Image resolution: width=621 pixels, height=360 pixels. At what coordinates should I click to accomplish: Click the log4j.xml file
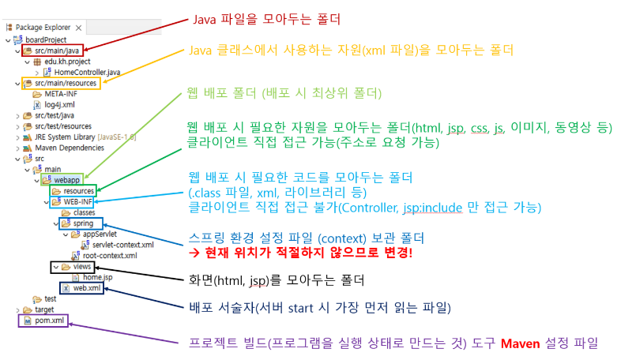click(x=55, y=104)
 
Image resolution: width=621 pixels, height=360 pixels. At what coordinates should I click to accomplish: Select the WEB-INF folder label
click(x=75, y=201)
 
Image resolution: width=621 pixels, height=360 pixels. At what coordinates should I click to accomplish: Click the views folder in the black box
click(x=77, y=267)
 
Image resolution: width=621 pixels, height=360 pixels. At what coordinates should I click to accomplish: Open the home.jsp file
click(x=97, y=278)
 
